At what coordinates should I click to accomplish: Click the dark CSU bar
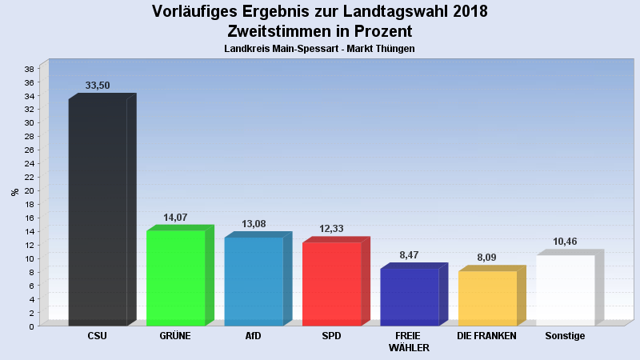tap(98, 212)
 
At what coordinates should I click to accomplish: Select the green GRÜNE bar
tap(175, 278)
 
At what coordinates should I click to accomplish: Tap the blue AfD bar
tap(254, 281)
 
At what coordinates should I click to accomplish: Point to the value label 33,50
tap(97, 86)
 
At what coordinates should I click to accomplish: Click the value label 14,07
tap(175, 217)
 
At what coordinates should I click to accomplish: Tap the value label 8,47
tap(409, 255)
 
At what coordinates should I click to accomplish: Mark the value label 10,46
tap(565, 242)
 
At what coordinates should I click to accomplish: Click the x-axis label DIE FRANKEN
tap(486, 336)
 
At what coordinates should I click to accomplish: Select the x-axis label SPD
tap(331, 336)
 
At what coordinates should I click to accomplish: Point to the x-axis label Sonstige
tap(565, 336)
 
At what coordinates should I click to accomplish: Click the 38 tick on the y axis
tap(29, 69)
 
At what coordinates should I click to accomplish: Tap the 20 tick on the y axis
tap(29, 190)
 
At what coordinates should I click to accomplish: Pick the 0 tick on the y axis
tap(31, 326)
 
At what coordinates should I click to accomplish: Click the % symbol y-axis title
tap(14, 192)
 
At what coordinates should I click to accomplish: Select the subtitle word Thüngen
tap(396, 49)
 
